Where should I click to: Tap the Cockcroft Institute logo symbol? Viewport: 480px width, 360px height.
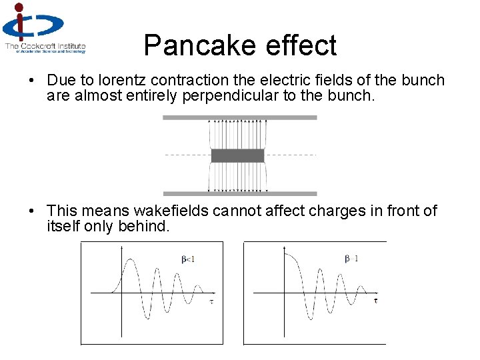31,23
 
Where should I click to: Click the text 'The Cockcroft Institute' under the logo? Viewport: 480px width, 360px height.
45,47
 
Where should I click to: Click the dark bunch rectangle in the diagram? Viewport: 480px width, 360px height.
237,156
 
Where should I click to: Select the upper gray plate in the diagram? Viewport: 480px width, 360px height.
239,117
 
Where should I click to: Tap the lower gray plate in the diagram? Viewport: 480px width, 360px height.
239,194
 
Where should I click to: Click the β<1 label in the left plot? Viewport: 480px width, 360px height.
188,259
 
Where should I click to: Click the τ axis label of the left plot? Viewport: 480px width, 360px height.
211,301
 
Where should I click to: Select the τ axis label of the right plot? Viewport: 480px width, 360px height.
375,301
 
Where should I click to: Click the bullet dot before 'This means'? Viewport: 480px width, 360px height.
31,212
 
